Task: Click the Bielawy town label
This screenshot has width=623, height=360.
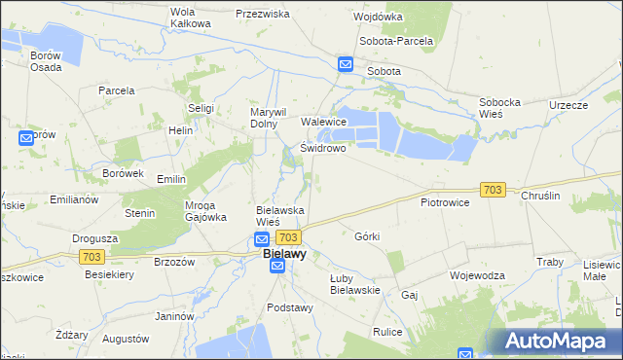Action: coord(284,254)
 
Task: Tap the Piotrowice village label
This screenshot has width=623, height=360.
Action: coord(445,202)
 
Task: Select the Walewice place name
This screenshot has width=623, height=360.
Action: coord(324,122)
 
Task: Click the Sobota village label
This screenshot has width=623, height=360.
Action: coord(384,71)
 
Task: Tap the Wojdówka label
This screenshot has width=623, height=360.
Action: coord(379,18)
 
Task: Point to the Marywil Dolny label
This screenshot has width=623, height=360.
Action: coord(267,118)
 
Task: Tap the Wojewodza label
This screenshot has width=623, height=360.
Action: coord(477,275)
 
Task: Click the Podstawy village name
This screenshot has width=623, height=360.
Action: coord(290,307)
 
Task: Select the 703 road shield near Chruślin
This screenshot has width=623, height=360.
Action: coord(493,190)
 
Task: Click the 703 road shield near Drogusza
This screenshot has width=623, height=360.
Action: coord(92,256)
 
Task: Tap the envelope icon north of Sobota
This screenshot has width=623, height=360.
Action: coord(346,64)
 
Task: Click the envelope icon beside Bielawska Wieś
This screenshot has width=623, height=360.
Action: coord(262,238)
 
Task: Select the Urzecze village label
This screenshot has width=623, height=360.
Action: coord(568,105)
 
